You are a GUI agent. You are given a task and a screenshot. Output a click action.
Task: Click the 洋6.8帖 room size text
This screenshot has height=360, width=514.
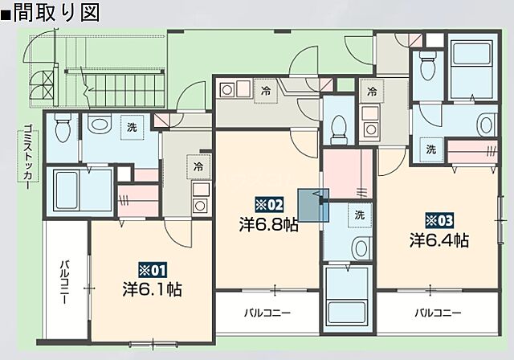pos(268,225)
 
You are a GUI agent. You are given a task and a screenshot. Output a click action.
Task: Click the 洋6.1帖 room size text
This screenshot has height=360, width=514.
pos(151,288)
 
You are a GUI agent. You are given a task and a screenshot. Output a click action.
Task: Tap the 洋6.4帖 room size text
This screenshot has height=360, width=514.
pos(439,239)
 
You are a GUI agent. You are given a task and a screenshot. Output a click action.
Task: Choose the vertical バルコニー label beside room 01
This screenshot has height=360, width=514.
pos(63,284)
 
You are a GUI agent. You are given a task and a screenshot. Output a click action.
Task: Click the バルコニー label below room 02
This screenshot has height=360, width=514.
pos(267,313)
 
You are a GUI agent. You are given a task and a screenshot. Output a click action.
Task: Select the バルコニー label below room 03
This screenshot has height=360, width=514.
pos(438,313)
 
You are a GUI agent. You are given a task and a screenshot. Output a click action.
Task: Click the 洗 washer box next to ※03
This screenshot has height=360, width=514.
pos(431,149)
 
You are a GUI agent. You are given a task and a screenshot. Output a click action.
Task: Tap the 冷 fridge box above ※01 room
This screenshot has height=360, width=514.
pos(197,168)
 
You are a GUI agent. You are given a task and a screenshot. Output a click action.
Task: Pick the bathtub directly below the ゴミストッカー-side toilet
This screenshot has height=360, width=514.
pos(79,190)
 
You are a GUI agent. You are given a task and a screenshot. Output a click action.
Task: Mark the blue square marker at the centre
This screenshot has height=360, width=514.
pos(313,203)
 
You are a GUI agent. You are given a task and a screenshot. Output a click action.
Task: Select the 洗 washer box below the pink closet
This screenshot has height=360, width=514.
pos(359,215)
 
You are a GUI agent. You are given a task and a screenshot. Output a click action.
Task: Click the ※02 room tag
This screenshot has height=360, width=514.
pos(270,204)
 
